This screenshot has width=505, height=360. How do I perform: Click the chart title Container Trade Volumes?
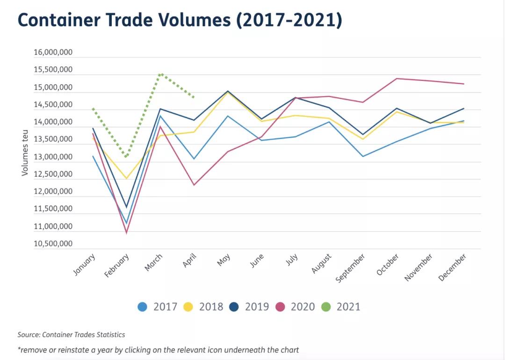(180, 21)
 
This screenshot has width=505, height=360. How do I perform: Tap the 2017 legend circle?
(143, 307)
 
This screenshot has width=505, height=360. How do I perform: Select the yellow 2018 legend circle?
(188, 307)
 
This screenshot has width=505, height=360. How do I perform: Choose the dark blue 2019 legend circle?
(234, 307)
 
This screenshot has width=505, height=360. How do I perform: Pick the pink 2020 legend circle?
(280, 307)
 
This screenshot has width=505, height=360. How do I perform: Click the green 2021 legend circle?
(326, 307)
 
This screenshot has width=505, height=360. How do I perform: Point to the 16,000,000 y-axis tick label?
(53, 53)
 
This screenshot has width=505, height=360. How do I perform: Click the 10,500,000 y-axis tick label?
(53, 244)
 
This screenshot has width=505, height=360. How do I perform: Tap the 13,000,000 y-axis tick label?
(53, 157)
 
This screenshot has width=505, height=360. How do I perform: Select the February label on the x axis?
(117, 266)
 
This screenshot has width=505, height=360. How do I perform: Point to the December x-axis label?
(453, 267)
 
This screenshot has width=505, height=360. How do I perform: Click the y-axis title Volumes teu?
(25, 153)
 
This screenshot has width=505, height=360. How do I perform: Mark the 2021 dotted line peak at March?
(160, 74)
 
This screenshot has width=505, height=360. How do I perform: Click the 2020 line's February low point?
(126, 232)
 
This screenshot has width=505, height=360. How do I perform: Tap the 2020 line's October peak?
(397, 79)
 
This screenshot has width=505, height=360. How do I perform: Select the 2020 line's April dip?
(194, 185)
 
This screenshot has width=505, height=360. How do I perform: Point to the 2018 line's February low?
(126, 179)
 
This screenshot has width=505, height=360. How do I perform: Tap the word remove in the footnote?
(32, 350)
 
